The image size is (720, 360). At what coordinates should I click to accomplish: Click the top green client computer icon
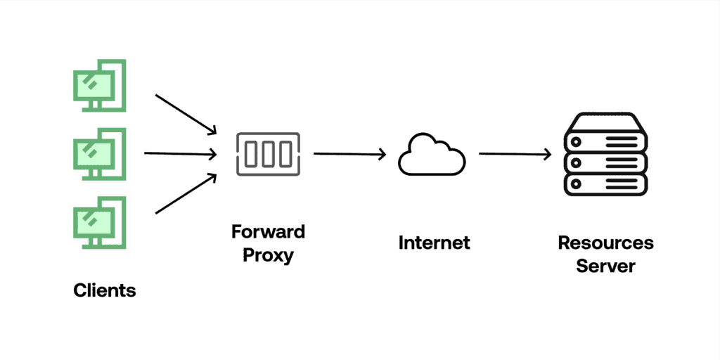(100, 85)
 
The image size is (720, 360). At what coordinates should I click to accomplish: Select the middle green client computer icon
(100, 153)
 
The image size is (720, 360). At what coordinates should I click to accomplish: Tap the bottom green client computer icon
(100, 221)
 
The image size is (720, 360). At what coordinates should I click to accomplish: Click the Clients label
(105, 290)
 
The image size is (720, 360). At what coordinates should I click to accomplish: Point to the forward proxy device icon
(268, 153)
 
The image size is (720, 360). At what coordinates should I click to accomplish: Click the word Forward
(268, 232)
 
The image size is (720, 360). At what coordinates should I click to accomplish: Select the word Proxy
(268, 255)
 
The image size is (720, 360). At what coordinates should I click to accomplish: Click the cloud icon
(432, 154)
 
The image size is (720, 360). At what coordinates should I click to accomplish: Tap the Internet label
(434, 243)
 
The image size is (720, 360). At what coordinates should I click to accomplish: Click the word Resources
(605, 243)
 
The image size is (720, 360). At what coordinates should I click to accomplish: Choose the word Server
(605, 266)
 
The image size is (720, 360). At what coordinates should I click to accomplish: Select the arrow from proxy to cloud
(350, 154)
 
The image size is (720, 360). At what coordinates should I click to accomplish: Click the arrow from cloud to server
(515, 154)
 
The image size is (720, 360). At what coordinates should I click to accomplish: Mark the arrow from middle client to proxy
(180, 153)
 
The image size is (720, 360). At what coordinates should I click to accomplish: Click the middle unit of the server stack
(605, 161)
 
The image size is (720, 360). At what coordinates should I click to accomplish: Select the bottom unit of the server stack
(605, 184)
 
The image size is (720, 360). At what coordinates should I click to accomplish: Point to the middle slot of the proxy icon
(268, 153)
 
